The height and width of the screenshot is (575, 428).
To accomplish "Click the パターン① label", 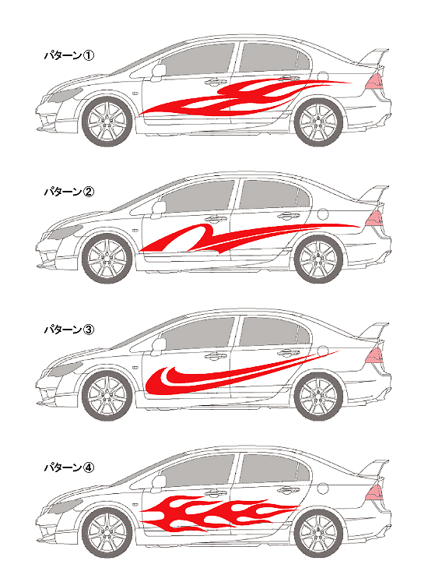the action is pos(68,55).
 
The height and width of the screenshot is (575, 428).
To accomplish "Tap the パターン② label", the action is pos(68,192).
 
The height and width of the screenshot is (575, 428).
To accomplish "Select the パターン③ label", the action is pos(68,330).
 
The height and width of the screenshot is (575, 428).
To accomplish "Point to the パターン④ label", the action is pos(68,467).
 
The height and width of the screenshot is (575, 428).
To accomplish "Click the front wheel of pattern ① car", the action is pos(107,122).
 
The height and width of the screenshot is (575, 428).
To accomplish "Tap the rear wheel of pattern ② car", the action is pos(319,259).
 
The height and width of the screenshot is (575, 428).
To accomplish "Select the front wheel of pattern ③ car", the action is pos(107,397).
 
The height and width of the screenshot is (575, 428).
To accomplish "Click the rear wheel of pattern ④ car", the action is pos(319,534).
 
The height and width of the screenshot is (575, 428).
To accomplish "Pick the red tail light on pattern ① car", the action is pos(374,81).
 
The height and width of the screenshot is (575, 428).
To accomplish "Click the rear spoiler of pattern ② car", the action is pos(374,194).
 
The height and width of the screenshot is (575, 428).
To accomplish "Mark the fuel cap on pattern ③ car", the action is pos(323,350).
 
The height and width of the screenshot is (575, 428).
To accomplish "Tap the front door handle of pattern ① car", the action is pos(216,82).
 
